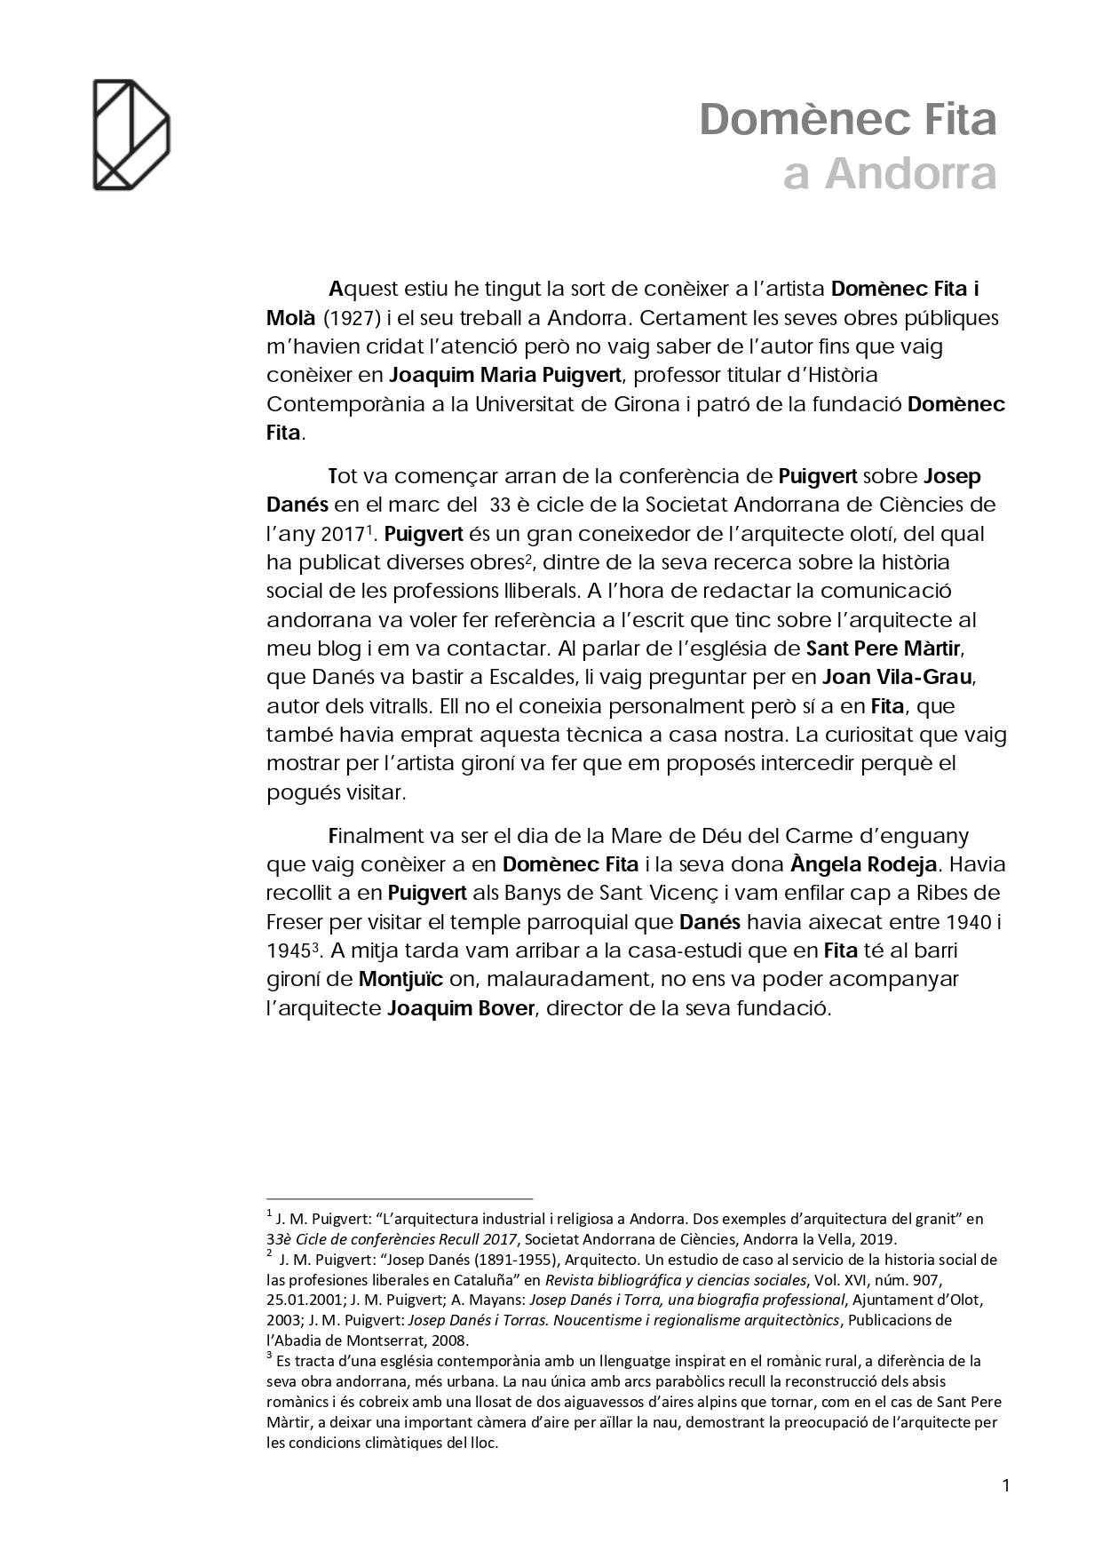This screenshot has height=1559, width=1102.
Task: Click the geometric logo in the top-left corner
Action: click(131, 134)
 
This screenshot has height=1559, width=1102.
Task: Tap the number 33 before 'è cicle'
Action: click(500, 505)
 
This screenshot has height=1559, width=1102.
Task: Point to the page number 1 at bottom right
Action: click(1005, 1485)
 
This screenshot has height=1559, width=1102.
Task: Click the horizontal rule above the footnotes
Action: click(400, 1197)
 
